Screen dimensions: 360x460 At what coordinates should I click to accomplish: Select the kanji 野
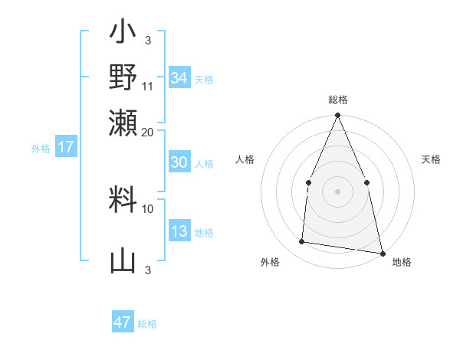[123, 78]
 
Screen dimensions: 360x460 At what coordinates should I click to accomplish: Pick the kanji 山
[123, 260]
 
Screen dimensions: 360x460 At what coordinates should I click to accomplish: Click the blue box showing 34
[179, 78]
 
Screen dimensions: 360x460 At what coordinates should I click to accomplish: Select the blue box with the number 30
[179, 162]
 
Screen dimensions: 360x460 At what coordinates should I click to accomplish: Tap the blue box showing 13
[179, 231]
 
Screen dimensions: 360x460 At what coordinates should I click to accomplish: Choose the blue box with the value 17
[66, 148]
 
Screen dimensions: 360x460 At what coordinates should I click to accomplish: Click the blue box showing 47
[123, 322]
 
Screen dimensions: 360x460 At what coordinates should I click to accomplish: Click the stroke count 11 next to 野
[148, 87]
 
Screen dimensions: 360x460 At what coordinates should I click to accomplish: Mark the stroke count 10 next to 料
[148, 208]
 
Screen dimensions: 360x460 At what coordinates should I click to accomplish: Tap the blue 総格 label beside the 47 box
[147, 324]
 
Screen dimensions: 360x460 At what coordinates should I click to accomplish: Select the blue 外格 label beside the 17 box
[41, 149]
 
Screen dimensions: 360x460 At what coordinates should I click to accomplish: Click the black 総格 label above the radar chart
[337, 100]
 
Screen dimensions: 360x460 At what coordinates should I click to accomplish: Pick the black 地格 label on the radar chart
[402, 262]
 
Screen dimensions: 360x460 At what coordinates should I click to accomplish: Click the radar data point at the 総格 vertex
[337, 116]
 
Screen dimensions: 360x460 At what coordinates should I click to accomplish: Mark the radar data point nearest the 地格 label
[382, 253]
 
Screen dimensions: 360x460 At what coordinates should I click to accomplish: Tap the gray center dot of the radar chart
[337, 191]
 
